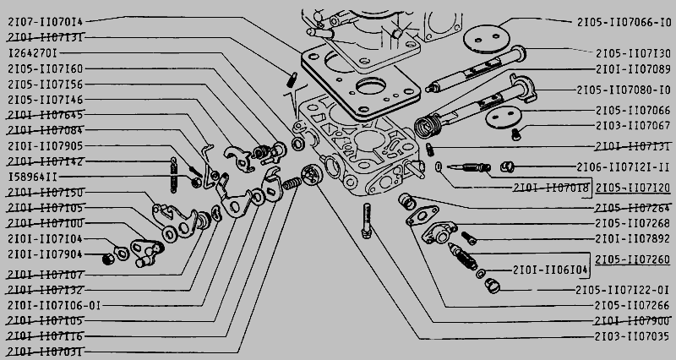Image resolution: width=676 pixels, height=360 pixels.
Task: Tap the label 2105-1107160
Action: click(x=46, y=68)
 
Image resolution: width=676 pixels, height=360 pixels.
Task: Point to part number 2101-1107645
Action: click(x=46, y=114)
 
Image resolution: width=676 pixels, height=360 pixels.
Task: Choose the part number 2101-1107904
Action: click(x=46, y=254)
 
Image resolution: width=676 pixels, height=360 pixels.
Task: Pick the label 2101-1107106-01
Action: click(x=52, y=305)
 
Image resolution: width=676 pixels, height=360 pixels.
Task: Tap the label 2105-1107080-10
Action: click(x=624, y=90)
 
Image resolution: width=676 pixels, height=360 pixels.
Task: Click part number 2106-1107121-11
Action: click(x=624, y=167)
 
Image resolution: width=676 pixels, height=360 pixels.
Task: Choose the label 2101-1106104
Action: click(x=550, y=270)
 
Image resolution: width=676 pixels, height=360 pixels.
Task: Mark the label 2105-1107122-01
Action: click(x=624, y=290)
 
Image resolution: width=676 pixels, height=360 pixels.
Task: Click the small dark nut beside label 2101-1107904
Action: click(x=107, y=259)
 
